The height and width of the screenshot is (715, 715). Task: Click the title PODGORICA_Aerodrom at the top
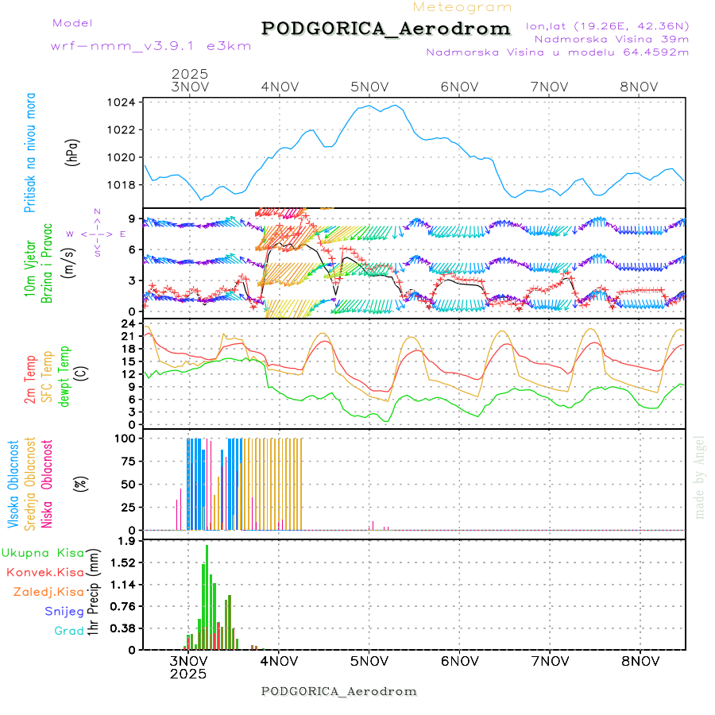point(385,29)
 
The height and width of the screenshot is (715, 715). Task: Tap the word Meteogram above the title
point(463,7)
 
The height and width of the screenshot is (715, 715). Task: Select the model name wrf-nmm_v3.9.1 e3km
point(151,46)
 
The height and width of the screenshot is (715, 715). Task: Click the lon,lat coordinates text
point(607,25)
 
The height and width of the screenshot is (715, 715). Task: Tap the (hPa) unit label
point(72,151)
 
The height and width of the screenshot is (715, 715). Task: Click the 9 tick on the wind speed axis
point(132,218)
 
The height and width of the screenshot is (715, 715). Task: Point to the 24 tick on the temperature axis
point(128,323)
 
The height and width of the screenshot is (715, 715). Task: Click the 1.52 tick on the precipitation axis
point(122,562)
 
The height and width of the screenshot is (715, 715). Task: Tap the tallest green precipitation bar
point(207,596)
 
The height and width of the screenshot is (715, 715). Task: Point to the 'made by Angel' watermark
point(700,477)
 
